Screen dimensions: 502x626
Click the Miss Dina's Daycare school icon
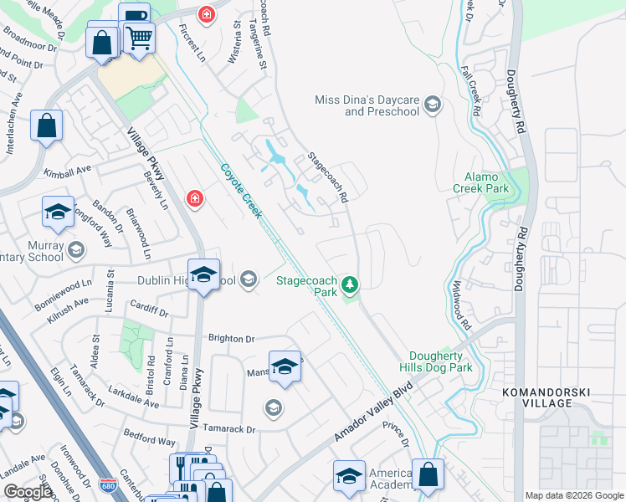432,104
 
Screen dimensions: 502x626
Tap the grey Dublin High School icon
248,279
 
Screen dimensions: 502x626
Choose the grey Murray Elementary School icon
75,250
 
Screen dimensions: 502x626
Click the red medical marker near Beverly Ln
194,198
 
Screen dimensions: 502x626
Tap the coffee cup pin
133,17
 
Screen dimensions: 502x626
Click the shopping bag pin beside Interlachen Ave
47,125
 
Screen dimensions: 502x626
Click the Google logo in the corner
27,491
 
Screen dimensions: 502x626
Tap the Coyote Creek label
241,190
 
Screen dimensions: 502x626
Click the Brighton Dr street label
231,339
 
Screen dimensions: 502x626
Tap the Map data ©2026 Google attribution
573,495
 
